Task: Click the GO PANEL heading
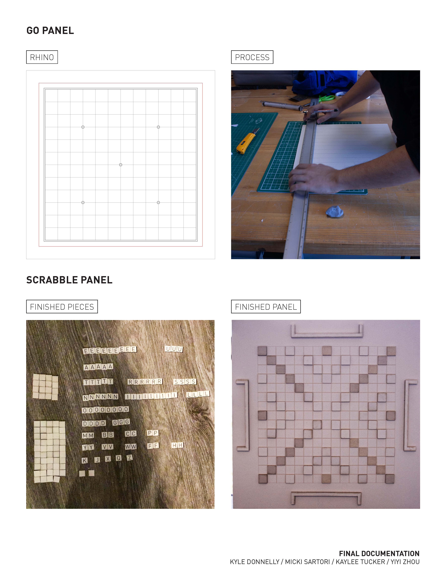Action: (50, 31)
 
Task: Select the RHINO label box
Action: (42, 57)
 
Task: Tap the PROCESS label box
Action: (252, 57)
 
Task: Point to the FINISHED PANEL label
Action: (266, 307)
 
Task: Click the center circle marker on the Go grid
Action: (121, 165)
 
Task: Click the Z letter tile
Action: (129, 458)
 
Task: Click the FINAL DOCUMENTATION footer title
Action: (379, 554)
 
